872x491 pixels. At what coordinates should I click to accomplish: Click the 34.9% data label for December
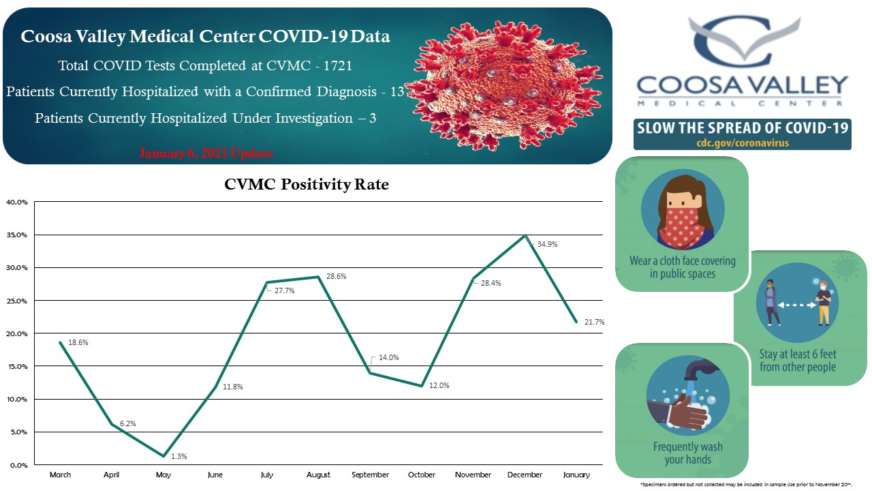click(548, 243)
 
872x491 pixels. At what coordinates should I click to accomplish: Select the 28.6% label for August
click(336, 276)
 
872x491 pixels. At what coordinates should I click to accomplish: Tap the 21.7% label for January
click(595, 321)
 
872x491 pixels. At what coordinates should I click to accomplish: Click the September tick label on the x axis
click(370, 475)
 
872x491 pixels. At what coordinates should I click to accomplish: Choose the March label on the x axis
click(60, 475)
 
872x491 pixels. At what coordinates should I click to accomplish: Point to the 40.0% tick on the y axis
click(17, 202)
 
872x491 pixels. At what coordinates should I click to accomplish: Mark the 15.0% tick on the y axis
click(17, 366)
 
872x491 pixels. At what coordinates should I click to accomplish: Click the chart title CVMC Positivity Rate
click(307, 184)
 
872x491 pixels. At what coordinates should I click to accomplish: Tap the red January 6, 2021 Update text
click(206, 153)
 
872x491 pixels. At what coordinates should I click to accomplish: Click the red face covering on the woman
click(684, 222)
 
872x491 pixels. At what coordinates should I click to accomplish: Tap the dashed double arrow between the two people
click(797, 307)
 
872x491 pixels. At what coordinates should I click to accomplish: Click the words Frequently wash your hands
click(687, 453)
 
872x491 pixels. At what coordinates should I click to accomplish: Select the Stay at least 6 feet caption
click(798, 361)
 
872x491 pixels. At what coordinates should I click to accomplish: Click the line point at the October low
click(422, 386)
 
